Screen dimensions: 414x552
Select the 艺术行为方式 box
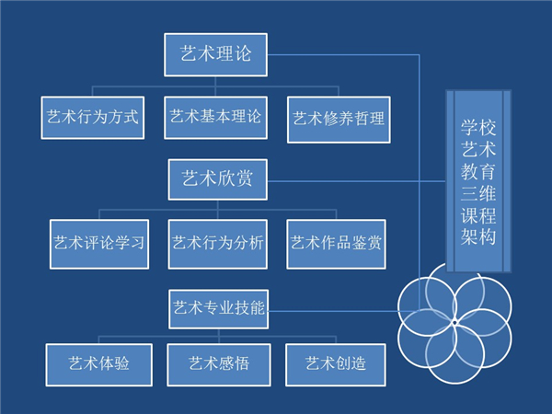(92, 118)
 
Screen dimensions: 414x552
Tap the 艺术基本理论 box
(215, 118)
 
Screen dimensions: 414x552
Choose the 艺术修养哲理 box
(338, 119)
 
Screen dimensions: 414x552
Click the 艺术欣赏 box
(217, 178)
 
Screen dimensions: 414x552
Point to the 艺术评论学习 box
(98, 243)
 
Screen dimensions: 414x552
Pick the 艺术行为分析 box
(218, 243)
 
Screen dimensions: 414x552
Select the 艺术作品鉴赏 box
(336, 243)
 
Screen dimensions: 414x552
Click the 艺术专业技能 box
(218, 308)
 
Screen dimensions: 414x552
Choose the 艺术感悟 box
(218, 363)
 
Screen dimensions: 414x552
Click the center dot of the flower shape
(454, 322)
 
